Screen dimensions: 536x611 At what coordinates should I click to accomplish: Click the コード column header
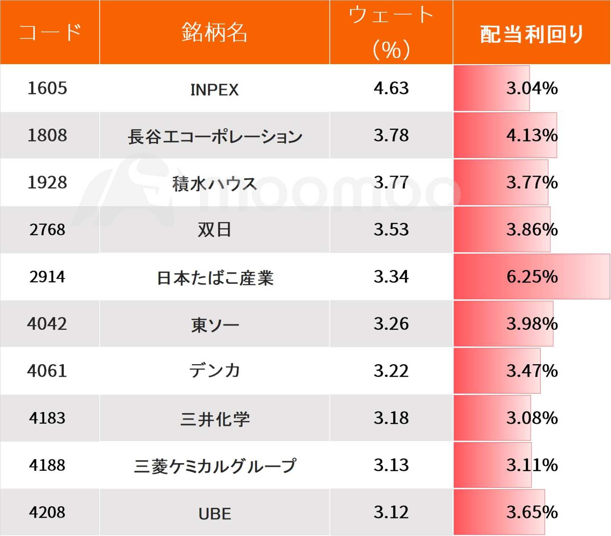pos(50,32)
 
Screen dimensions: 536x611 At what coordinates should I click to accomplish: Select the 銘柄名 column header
pos(214,32)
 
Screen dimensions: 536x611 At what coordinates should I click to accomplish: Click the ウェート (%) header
pos(391,32)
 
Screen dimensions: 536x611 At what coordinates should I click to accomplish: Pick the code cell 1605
pos(47,88)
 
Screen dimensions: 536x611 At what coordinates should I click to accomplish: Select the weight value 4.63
pos(391,88)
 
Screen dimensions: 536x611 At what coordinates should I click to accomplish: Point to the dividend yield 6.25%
pos(532,277)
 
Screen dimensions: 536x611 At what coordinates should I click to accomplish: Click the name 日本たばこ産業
pos(215,278)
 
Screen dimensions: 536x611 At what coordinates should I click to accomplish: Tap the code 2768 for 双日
pos(47,230)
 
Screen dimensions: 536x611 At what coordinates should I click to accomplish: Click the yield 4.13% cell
pos(532,136)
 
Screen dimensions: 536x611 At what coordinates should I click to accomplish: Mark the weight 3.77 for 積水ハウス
pos(391,182)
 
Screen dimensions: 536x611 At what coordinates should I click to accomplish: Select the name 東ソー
pos(215,325)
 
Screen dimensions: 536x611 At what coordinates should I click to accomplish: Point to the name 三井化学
pos(215,419)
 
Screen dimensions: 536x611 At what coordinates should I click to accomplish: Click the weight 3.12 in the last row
pos(391,512)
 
